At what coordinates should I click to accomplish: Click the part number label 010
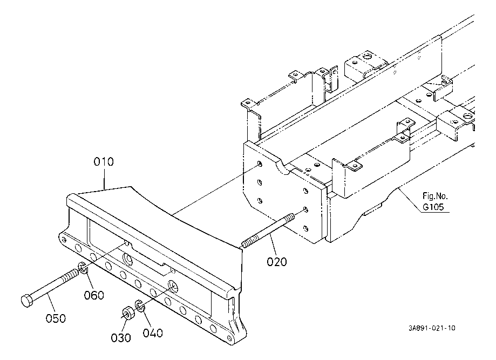104,161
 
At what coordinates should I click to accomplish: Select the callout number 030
120,338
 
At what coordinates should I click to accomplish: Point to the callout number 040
153,333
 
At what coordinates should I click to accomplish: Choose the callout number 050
56,318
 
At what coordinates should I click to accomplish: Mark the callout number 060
94,295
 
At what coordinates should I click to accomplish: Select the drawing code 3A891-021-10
432,328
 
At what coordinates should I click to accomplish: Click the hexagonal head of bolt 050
26,300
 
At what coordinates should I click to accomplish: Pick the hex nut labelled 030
127,314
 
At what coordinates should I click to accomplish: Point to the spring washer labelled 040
140,307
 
